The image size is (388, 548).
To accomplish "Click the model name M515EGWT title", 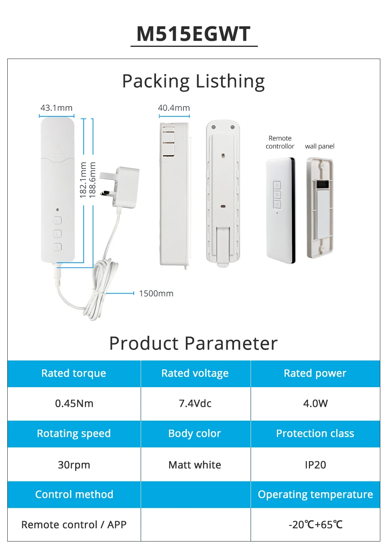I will [194, 34].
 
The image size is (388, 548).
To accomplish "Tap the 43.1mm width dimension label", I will [57, 108].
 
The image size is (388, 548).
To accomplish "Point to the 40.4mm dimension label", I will [174, 108].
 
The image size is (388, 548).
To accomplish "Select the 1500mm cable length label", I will [156, 293].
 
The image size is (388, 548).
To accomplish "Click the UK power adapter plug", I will [124, 187].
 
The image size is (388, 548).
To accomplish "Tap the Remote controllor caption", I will [280, 142].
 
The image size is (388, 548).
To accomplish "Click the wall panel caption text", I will [320, 146].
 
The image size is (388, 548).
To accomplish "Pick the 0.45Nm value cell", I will [74, 403].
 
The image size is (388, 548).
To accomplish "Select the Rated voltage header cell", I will [195, 373].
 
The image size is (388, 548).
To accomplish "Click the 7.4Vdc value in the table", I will [195, 403].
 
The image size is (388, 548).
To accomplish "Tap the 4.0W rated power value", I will [315, 403].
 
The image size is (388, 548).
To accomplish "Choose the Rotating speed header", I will [74, 434].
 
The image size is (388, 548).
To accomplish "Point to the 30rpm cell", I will [74, 465].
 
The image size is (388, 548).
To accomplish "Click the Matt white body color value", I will [195, 465].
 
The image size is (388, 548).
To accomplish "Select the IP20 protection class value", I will [315, 465].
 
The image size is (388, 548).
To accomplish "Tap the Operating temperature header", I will [315, 494].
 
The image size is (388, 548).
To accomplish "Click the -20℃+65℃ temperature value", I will [315, 525].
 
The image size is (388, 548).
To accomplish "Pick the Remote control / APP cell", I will [74, 525].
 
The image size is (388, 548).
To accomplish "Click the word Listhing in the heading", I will [230, 82].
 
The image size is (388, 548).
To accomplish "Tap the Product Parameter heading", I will [194, 344].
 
